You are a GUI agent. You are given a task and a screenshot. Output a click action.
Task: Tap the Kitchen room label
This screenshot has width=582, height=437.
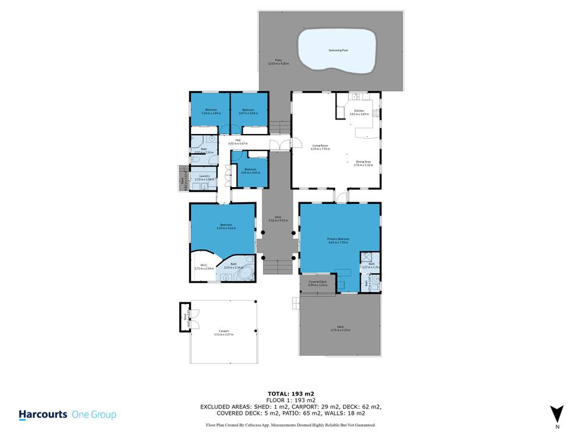point(359,111)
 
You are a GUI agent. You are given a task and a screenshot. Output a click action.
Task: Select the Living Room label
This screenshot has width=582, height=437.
point(321,146)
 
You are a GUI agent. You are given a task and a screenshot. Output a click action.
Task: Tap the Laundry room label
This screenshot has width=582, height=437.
point(204,176)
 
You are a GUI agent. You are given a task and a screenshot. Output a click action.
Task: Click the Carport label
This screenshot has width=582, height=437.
point(223,332)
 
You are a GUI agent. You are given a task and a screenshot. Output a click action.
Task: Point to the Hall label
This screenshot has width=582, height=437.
point(238,140)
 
